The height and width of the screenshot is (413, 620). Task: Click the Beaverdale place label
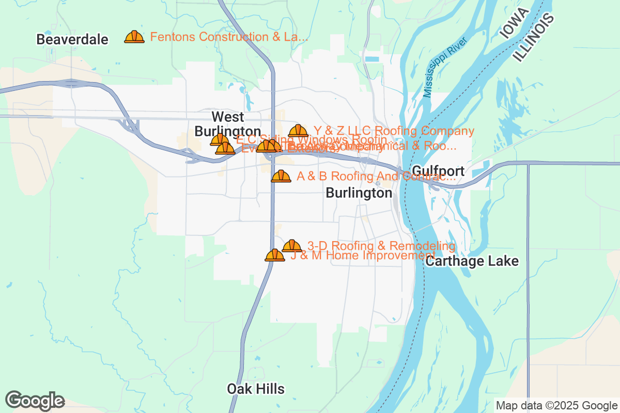pyautogui.click(x=72, y=39)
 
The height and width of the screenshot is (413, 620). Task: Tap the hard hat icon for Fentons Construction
pyautogui.click(x=134, y=37)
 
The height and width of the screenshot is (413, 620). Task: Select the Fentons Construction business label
pyautogui.click(x=229, y=37)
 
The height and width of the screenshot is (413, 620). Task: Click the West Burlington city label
pyautogui.click(x=228, y=123)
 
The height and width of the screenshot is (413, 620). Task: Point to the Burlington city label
pyautogui.click(x=359, y=193)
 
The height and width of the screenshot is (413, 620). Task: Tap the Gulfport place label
pyautogui.click(x=438, y=171)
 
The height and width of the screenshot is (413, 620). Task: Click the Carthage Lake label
pyautogui.click(x=472, y=261)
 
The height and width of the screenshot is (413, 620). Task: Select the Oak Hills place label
pyautogui.click(x=256, y=389)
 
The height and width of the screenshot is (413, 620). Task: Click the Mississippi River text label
pyautogui.click(x=445, y=67)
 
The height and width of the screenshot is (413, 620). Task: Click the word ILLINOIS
pyautogui.click(x=534, y=38)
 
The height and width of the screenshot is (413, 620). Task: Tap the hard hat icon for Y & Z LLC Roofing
pyautogui.click(x=298, y=131)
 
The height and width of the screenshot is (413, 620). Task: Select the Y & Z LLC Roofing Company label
pyautogui.click(x=394, y=131)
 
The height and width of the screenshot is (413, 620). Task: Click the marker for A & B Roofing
pyautogui.click(x=281, y=176)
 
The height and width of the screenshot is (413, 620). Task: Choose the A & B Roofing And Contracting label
pyautogui.click(x=376, y=177)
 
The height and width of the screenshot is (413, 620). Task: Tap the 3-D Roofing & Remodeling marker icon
pyautogui.click(x=292, y=246)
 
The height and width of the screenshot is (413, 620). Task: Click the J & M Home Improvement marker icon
pyautogui.click(x=275, y=255)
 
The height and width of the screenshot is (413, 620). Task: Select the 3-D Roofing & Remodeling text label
pyautogui.click(x=381, y=245)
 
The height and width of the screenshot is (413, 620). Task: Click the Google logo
pyautogui.click(x=35, y=401)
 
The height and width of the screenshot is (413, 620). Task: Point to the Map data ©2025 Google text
pyautogui.click(x=555, y=405)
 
